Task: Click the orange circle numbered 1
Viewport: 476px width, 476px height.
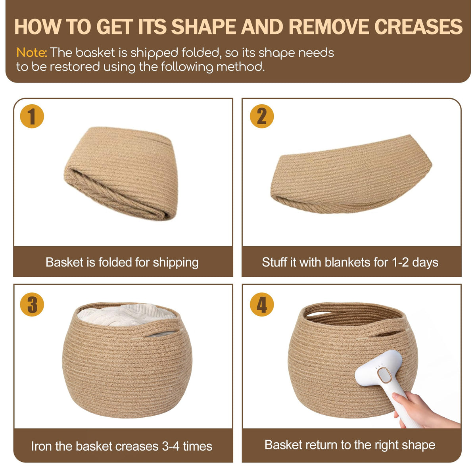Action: click(32, 116)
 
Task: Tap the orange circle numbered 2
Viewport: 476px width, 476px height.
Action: click(261, 116)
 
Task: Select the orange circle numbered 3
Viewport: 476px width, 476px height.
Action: click(32, 304)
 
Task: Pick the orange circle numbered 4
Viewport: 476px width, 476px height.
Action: click(261, 304)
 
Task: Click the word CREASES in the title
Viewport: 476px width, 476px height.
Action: click(418, 27)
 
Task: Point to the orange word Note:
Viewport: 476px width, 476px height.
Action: click(31, 52)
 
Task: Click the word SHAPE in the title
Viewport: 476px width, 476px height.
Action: click(204, 27)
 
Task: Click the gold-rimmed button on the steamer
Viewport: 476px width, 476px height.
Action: click(385, 375)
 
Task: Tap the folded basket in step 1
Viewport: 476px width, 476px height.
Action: click(121, 173)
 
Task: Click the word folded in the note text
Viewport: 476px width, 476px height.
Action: click(200, 53)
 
